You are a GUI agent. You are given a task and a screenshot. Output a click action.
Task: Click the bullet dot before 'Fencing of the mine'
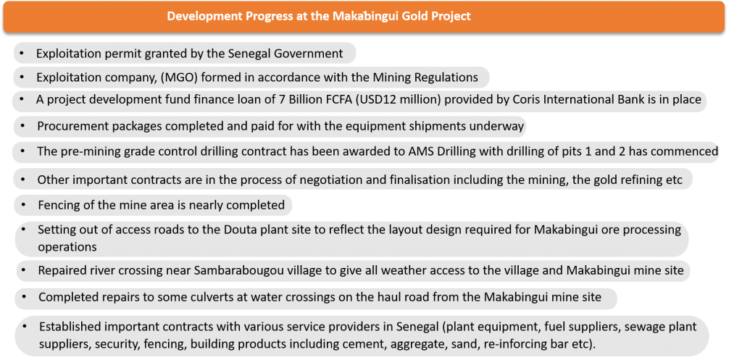tap(23, 204)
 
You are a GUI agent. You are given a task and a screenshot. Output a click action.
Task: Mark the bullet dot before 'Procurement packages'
tap(22, 126)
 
